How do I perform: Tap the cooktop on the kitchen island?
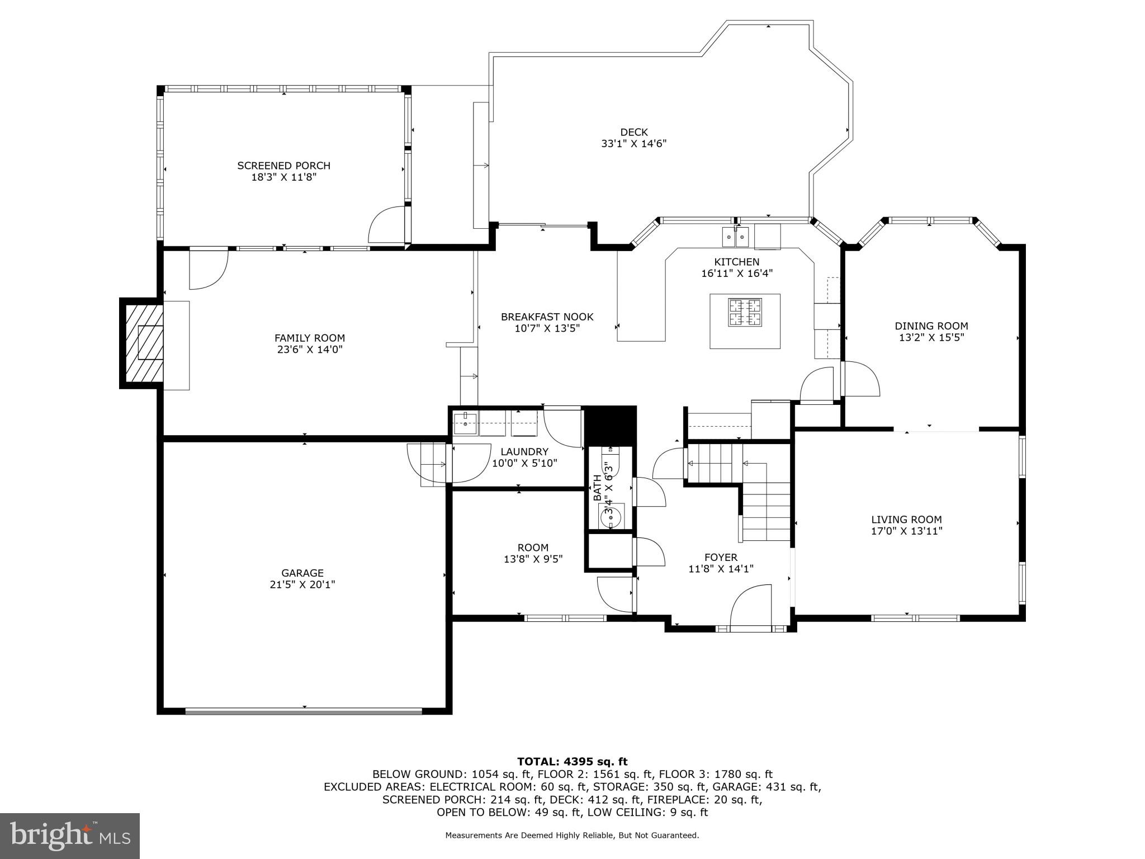tap(745, 313)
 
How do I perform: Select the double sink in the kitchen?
tap(735, 237)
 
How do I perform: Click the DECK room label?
tap(633, 133)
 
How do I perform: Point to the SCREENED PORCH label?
tap(283, 166)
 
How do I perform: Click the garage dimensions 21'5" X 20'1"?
tap(302, 584)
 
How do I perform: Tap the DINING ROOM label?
tap(931, 326)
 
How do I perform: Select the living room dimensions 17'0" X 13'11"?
tap(906, 531)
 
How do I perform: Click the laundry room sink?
tap(465, 424)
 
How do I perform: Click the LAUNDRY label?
tap(524, 452)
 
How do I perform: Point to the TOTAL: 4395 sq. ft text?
tap(572, 762)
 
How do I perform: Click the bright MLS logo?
tap(69, 836)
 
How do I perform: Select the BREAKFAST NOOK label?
tap(547, 317)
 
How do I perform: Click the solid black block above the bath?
tap(610, 424)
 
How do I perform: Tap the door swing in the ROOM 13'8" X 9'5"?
tap(616, 594)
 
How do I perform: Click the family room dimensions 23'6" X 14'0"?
tap(309, 350)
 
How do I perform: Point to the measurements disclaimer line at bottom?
tap(572, 836)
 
